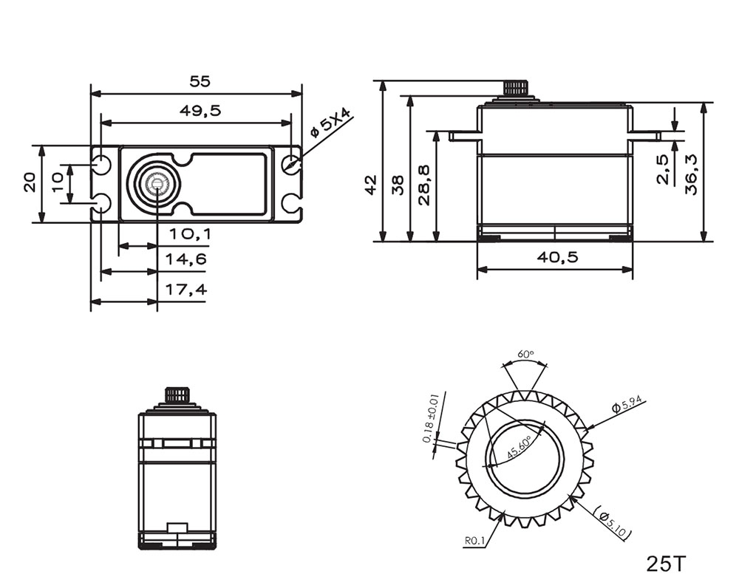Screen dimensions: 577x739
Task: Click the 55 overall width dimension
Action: point(196,82)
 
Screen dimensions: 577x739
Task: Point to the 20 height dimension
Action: point(30,182)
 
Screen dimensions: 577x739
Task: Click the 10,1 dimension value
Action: point(188,234)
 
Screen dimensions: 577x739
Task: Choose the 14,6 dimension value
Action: point(188,259)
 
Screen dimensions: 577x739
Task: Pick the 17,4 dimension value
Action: point(188,290)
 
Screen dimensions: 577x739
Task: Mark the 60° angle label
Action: point(525,355)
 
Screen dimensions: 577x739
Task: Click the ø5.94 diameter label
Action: point(629,404)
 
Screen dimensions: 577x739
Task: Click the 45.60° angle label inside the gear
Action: point(520,448)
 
